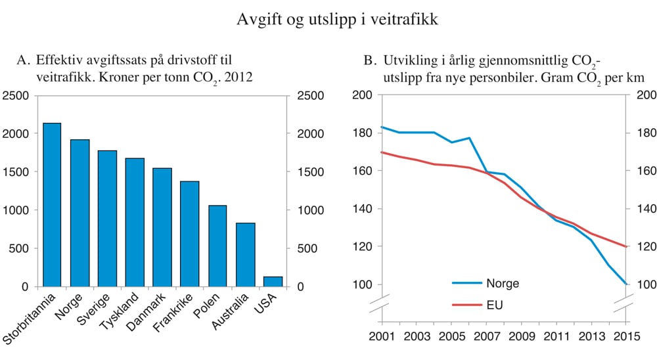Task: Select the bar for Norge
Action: coord(79,213)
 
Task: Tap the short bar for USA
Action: coord(273,281)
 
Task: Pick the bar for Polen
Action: coord(217,246)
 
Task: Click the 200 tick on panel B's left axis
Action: coord(363,95)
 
